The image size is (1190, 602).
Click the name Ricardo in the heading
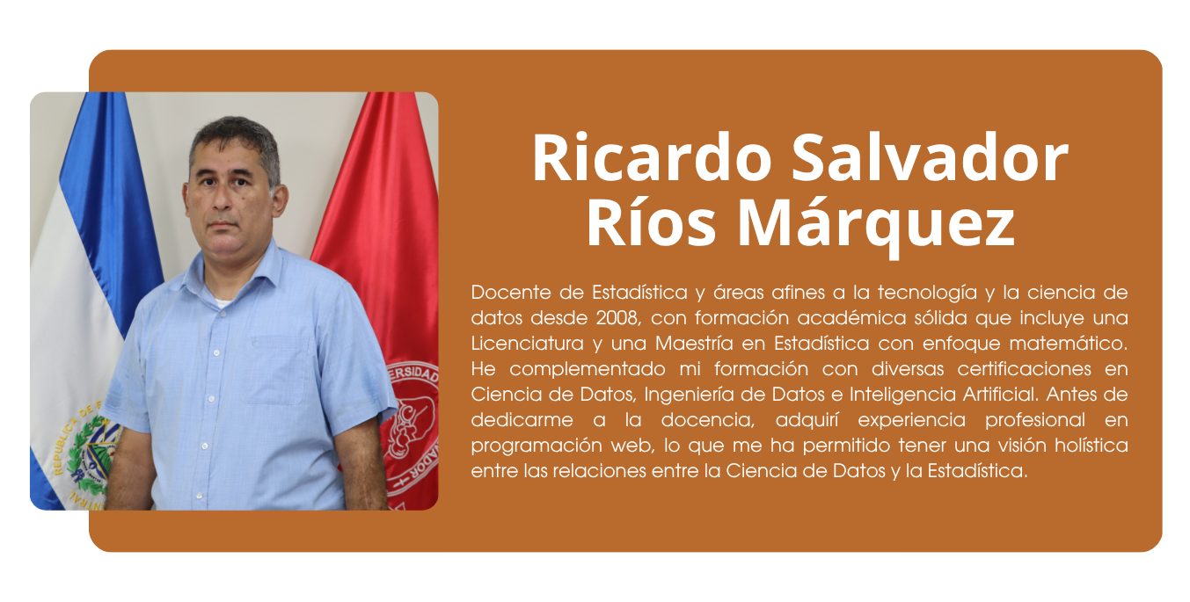click(652, 158)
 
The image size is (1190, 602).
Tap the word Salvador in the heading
click(930, 158)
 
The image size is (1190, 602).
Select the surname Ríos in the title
click(652, 222)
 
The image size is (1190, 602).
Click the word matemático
click(1068, 344)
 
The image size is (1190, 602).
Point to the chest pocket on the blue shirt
click(281, 370)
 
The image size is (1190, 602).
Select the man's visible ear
click(280, 199)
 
